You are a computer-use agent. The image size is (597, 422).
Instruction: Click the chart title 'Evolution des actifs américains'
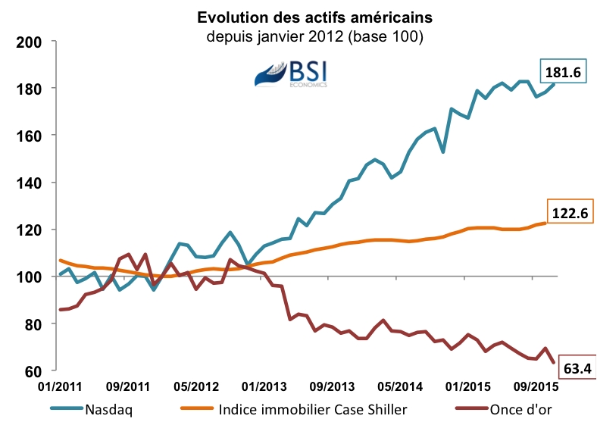click(298, 17)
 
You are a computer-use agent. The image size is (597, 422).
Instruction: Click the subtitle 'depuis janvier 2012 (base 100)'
click(298, 36)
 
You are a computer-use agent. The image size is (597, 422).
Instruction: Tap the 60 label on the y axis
click(31, 370)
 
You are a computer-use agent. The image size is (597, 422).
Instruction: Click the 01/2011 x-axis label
click(61, 386)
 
